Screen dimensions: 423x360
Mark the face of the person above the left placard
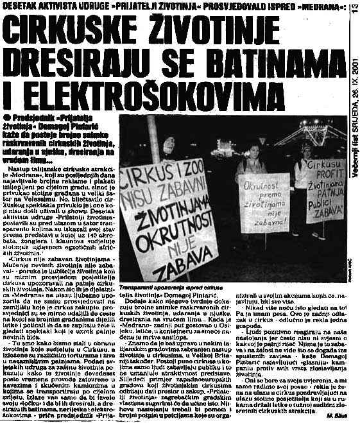(169, 147)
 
